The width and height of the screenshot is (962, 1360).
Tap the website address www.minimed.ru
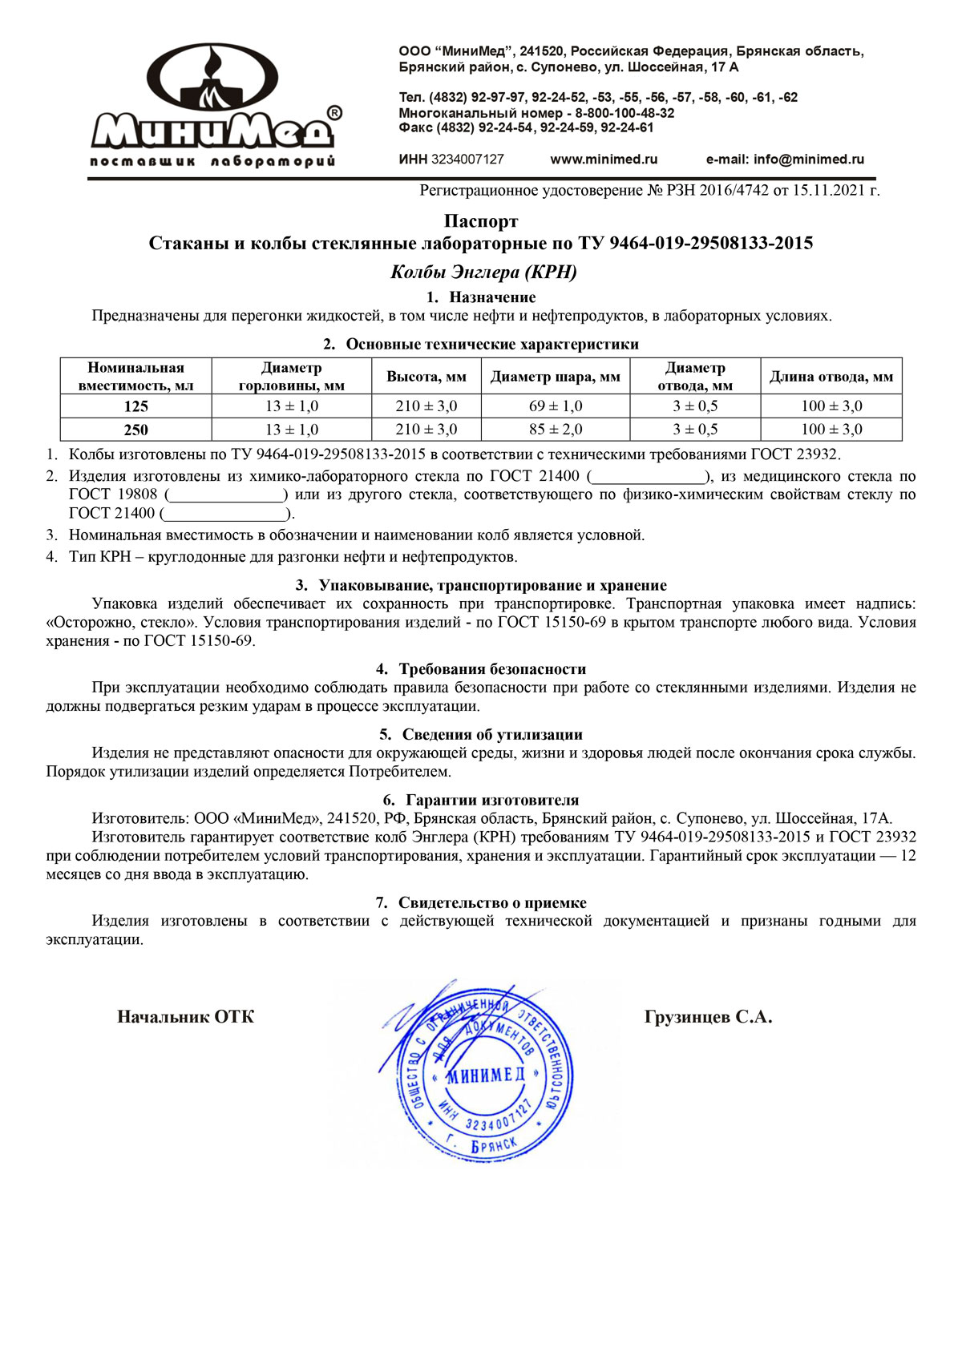click(604, 159)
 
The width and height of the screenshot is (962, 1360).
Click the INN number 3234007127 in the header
click(467, 159)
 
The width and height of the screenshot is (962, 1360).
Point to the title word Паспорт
click(481, 221)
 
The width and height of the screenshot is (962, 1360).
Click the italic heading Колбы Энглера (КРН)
click(483, 272)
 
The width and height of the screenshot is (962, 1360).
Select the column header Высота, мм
click(426, 377)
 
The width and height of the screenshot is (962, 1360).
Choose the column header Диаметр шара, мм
click(556, 377)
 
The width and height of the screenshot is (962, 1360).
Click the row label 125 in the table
click(135, 406)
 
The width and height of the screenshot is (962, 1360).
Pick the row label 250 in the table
click(135, 430)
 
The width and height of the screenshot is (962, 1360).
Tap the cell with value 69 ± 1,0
click(556, 406)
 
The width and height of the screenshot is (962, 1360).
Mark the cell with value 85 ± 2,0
click(556, 430)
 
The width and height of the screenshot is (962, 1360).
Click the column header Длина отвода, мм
click(831, 377)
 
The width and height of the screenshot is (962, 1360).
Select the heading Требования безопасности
click(492, 669)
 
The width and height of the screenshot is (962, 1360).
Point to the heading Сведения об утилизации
click(492, 735)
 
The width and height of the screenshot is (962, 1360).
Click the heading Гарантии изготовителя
click(492, 800)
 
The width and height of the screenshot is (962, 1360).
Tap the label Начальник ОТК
click(185, 1017)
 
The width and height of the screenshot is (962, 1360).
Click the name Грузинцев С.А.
click(708, 1017)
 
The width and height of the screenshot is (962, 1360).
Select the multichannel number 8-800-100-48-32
click(624, 113)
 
